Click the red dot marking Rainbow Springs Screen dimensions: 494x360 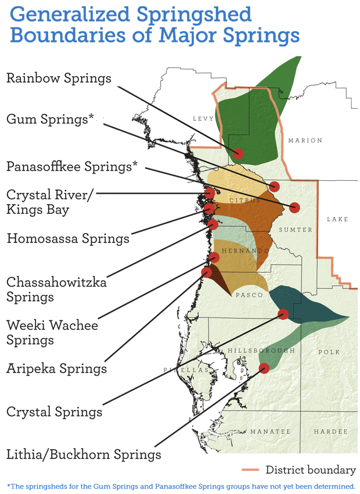[237, 153]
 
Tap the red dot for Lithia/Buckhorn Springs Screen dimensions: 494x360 [264, 367]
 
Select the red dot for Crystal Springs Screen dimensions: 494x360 [283, 314]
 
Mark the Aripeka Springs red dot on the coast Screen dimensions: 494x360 [206, 271]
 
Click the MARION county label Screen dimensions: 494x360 [305, 141]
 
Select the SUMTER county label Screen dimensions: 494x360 [296, 230]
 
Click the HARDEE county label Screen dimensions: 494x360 [331, 432]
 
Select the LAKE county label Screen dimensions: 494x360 [337, 219]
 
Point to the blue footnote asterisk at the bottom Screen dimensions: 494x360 [9, 485]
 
